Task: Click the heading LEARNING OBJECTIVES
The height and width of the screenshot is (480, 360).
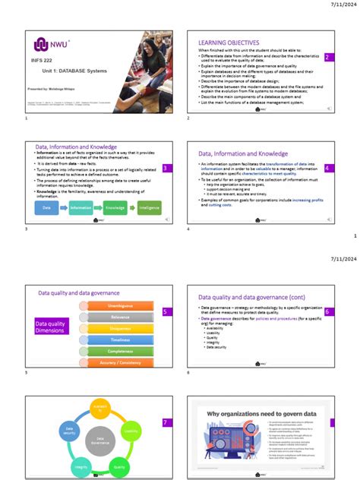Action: pyautogui.click(x=229, y=43)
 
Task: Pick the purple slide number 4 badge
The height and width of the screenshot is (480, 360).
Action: pyautogui.click(x=327, y=167)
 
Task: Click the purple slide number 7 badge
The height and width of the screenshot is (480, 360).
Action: pyautogui.click(x=166, y=422)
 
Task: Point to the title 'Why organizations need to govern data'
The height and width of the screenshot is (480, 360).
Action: pyautogui.click(x=262, y=415)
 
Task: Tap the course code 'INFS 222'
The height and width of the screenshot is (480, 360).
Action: pyautogui.click(x=43, y=59)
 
